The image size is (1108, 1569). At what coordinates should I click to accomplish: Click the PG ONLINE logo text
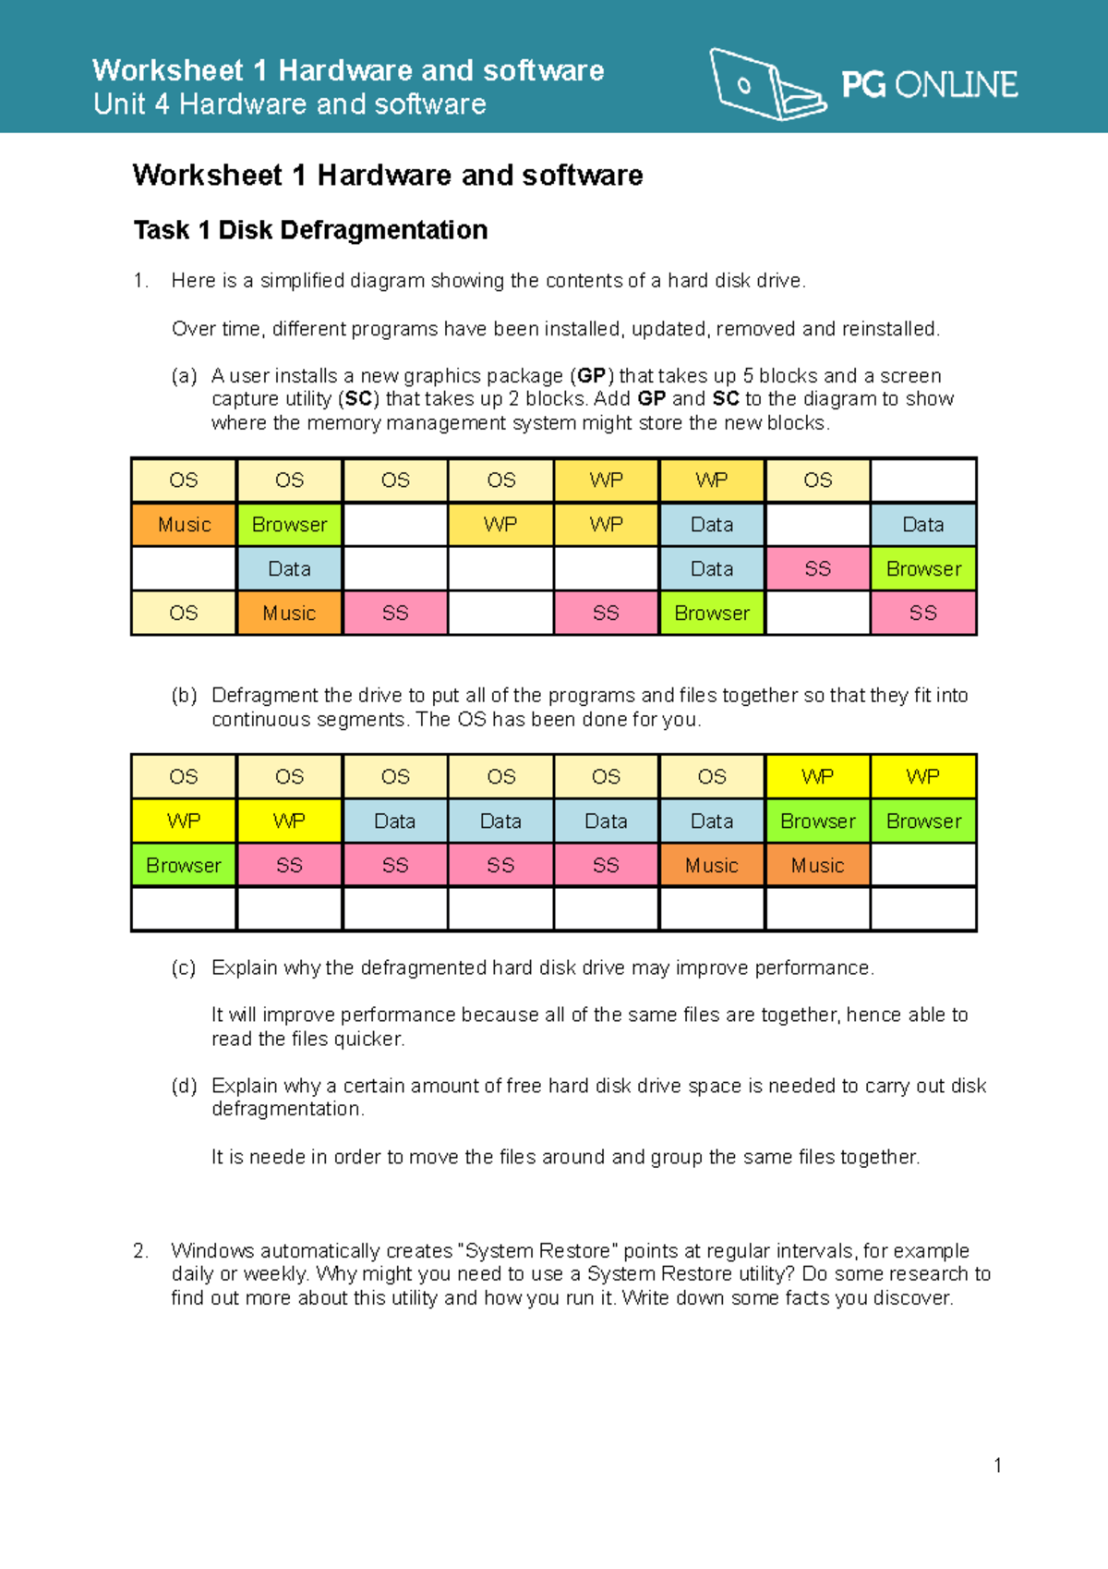click(929, 85)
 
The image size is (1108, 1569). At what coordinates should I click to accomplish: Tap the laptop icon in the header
click(765, 85)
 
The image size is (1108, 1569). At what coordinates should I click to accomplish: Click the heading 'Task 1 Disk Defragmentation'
click(310, 230)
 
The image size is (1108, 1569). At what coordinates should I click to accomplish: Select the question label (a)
click(185, 376)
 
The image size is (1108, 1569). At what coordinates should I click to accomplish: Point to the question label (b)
click(185, 696)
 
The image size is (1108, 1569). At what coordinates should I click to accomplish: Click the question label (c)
click(185, 968)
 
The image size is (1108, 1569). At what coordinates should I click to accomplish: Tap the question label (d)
click(185, 1086)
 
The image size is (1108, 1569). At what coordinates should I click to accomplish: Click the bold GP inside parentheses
click(592, 376)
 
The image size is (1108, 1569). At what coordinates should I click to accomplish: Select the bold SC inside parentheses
click(359, 399)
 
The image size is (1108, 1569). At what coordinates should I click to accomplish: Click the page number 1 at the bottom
click(997, 1466)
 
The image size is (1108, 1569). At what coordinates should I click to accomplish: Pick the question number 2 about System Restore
click(140, 1251)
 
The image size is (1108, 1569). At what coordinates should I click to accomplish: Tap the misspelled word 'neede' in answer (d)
click(278, 1158)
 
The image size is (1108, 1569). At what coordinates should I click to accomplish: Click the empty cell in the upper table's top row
click(923, 480)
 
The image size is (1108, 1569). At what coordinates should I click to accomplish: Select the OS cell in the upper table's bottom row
click(184, 614)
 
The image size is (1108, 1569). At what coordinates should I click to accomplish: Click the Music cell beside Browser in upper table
click(184, 525)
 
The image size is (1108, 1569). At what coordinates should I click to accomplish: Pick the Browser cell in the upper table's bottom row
click(712, 614)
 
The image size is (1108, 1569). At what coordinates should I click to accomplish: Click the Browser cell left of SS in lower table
click(184, 866)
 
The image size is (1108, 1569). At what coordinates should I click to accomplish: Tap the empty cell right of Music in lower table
click(923, 866)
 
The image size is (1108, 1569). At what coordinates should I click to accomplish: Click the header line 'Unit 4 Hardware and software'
click(289, 104)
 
